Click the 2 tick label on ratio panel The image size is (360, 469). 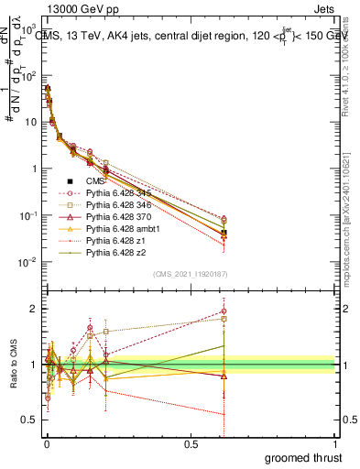click(x=34, y=309)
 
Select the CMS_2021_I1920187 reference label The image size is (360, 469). click(x=191, y=274)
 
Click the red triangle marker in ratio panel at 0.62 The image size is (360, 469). click(x=224, y=376)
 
